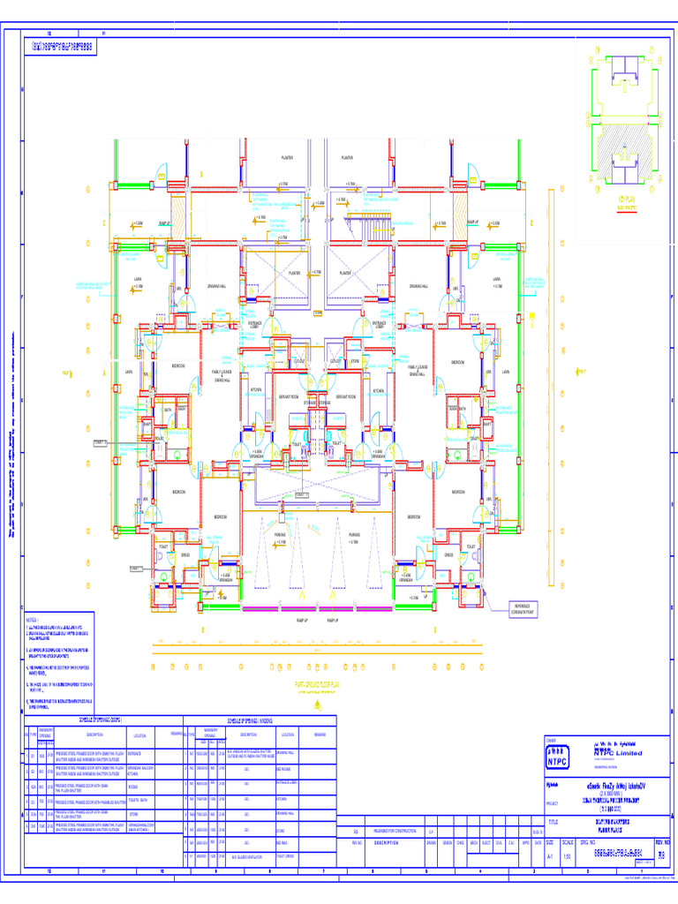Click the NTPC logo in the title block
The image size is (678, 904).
coord(559,757)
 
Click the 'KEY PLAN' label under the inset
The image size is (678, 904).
coord(627,200)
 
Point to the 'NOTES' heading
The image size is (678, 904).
coord(33,621)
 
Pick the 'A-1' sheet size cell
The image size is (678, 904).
coord(551,856)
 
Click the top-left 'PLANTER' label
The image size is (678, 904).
coord(287,158)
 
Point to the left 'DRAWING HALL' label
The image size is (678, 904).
coord(217,287)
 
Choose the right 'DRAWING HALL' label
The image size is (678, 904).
coord(418,287)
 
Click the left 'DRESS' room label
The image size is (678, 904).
coord(186,555)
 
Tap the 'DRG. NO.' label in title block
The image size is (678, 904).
coord(589,843)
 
